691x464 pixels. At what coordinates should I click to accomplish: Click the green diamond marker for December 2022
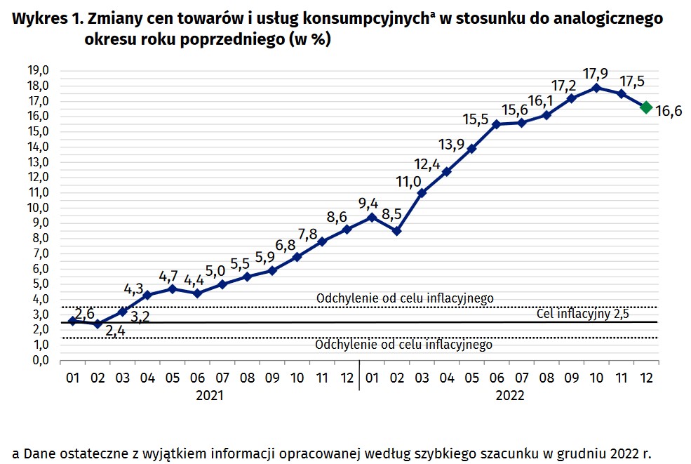tap(646, 107)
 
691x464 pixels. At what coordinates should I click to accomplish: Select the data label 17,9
tap(596, 74)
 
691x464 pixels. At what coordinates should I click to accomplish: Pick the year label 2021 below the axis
tap(210, 395)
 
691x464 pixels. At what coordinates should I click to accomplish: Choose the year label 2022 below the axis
tap(510, 395)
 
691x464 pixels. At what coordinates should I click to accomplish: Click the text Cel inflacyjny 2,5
tap(582, 314)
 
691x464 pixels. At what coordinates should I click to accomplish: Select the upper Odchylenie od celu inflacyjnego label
tap(405, 298)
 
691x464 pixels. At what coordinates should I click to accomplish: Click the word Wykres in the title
tap(33, 19)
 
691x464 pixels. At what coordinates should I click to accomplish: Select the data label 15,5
tap(476, 119)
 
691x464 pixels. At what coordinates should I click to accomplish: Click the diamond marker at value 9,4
tap(372, 217)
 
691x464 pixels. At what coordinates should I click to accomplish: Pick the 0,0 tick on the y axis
tap(39, 360)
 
